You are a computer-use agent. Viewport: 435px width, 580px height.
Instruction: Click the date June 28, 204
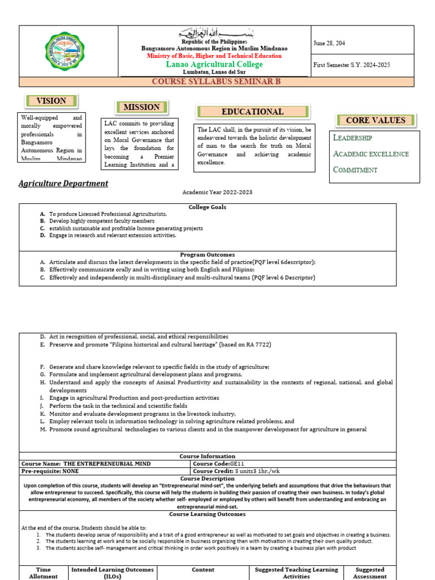point(329,43)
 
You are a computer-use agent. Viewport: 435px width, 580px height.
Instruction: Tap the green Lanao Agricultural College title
point(214,65)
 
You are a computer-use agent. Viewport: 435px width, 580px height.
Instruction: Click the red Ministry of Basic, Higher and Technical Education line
point(214,56)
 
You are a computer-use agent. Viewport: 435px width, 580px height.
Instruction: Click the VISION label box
point(52,101)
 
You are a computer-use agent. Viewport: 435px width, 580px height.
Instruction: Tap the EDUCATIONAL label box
point(253,112)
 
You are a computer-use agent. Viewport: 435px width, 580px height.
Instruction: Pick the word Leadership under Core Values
point(352,138)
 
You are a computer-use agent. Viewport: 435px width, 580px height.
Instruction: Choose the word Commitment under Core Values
point(355,170)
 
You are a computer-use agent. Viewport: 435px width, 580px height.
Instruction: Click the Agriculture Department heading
point(63,184)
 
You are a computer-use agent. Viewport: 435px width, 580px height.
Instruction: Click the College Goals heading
point(207,207)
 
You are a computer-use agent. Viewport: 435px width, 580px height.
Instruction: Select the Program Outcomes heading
point(207,255)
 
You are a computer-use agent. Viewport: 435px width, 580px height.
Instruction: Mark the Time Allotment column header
point(43,573)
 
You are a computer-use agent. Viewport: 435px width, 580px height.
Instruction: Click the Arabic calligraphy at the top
point(214,33)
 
